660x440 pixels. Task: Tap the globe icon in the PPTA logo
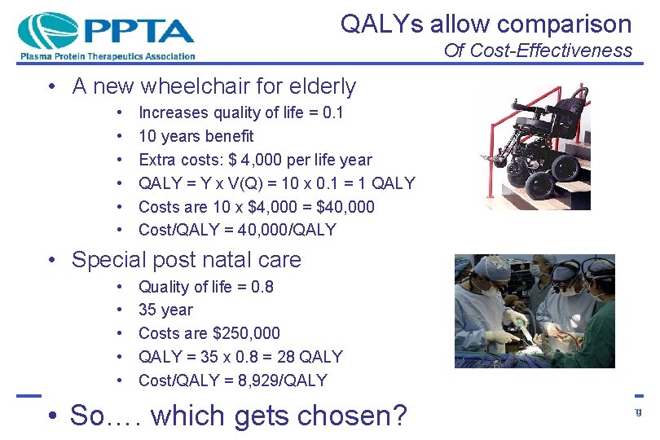pos(46,31)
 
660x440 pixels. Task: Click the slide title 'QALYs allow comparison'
pos(486,24)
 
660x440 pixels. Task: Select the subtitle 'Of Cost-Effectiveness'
pos(538,51)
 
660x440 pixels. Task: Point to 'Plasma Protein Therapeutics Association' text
pos(107,56)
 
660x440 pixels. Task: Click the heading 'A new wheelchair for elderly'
pos(213,86)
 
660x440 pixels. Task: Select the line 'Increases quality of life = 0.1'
pos(241,112)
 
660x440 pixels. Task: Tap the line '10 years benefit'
pos(196,136)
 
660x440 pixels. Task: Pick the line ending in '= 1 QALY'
pos(276,183)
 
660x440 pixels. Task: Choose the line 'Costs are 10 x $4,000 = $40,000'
pos(256,207)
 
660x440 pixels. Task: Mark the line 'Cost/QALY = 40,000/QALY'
pos(237,230)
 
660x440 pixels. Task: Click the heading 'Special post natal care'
pos(186,260)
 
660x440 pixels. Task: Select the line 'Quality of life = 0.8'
pos(205,287)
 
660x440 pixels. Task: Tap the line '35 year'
pos(165,310)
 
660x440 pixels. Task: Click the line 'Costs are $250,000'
pos(209,333)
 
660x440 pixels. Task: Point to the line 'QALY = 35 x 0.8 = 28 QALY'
pos(240,356)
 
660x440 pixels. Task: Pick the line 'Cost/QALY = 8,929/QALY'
pos(232,380)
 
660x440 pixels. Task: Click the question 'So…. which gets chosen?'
pos(238,416)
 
